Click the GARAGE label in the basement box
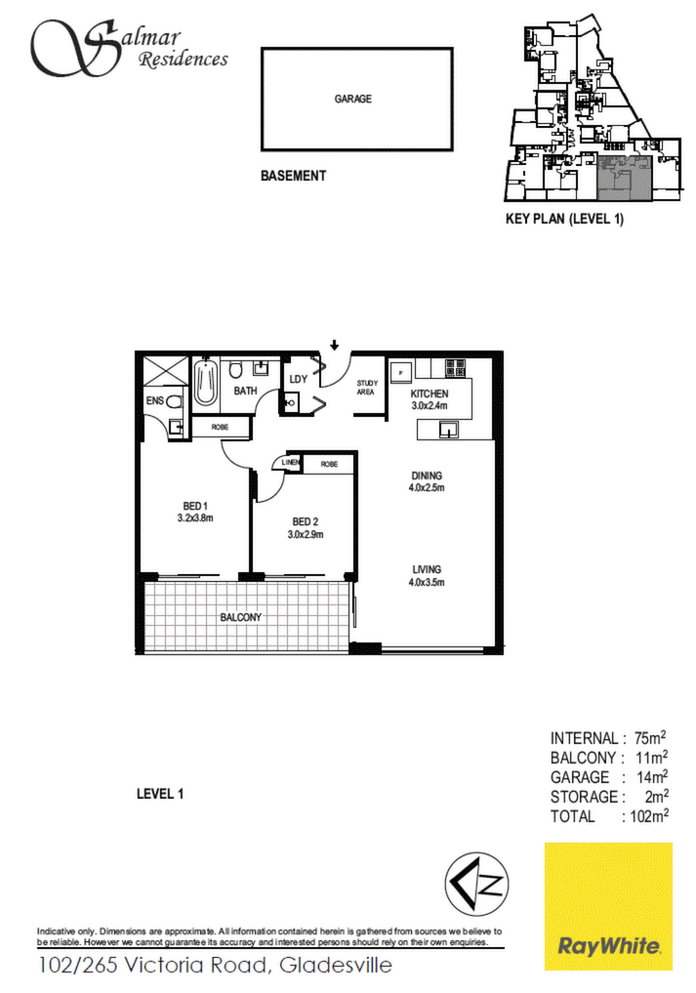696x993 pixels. pos(352,99)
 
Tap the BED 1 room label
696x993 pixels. pos(195,506)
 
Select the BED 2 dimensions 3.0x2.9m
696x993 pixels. pos(306,534)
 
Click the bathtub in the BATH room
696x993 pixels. pos(205,381)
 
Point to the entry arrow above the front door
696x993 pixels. pos(335,345)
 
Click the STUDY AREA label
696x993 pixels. pos(367,388)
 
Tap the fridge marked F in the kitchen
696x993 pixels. pos(401,372)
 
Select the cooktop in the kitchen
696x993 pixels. pos(455,368)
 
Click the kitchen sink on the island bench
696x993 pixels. pos(449,431)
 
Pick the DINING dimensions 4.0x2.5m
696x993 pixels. pos(427,487)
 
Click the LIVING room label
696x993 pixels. pos(427,569)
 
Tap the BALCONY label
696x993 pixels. pos(241,617)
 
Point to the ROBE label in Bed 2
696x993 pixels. pos(329,464)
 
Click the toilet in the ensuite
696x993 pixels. pos(174,401)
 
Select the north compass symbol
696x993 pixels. pos(476,883)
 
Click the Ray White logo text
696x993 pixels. pos(608,946)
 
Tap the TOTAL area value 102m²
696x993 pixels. pos(649,815)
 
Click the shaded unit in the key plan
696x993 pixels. pos(625,179)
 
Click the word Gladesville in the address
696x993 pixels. pos(336,965)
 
